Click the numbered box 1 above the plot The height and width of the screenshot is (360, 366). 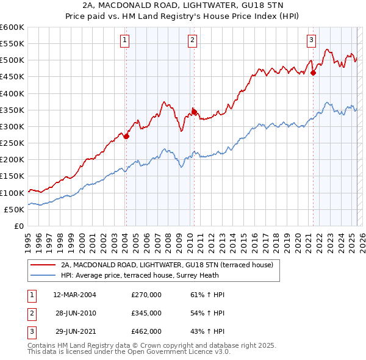pyautogui.click(x=124, y=40)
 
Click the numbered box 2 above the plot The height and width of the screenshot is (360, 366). pyautogui.click(x=192, y=40)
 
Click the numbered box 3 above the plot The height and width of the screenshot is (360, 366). pyautogui.click(x=311, y=40)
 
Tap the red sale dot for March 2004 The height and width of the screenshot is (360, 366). pyautogui.click(x=126, y=137)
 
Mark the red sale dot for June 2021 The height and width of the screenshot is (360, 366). pyautogui.click(x=313, y=73)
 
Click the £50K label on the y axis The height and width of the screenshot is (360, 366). pyautogui.click(x=14, y=209)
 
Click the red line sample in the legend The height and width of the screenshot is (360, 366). pyautogui.click(x=43, y=265)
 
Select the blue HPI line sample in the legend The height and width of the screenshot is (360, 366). pyautogui.click(x=43, y=275)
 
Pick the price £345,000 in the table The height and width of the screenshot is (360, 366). pyautogui.click(x=146, y=313)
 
